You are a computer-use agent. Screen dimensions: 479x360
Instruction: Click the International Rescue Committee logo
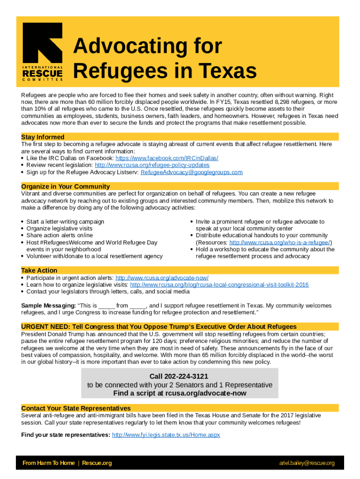coord(43,52)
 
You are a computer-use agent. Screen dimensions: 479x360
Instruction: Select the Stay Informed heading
coord(43,137)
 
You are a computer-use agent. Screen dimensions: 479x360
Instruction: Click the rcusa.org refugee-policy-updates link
coord(152,165)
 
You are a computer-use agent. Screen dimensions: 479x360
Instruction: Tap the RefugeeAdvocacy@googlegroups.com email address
coord(191,172)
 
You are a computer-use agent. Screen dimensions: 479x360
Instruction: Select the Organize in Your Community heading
coord(65,187)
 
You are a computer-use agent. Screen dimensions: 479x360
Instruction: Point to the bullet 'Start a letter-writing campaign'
coord(65,222)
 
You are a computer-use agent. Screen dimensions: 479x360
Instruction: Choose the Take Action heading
coord(39,270)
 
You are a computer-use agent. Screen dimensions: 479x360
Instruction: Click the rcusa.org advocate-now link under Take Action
coord(162,278)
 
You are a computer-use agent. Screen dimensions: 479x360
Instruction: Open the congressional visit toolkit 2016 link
coord(219,285)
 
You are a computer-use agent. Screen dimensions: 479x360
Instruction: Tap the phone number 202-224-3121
coord(179,377)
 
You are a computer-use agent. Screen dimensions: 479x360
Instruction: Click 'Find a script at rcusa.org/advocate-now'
coord(180,393)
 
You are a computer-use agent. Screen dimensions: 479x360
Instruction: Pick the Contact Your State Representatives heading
coord(76,408)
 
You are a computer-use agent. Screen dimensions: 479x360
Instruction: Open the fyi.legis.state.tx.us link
coord(166,435)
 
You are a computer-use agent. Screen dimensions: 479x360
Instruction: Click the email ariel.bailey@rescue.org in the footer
coord(307,463)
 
